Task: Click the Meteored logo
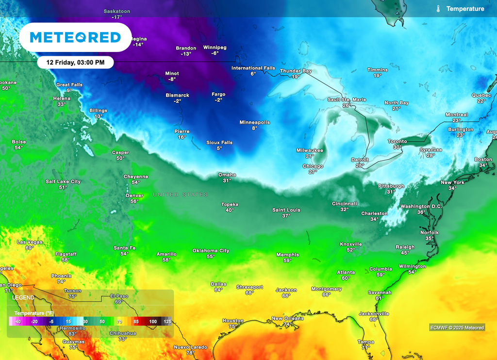tap(75, 37)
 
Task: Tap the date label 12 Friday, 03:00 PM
tap(75, 63)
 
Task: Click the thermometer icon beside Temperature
tap(438, 9)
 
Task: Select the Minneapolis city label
tap(254, 122)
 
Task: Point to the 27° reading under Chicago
tap(313, 172)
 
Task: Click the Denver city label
tap(134, 195)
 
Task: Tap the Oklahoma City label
tap(211, 250)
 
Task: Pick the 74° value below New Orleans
tap(288, 325)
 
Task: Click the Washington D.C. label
tap(421, 206)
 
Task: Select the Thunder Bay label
tap(296, 71)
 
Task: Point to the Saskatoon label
tap(116, 11)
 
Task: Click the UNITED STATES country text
tap(181, 195)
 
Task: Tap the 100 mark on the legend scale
tap(153, 322)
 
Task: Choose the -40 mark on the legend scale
tap(17, 322)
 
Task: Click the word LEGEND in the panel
tap(23, 297)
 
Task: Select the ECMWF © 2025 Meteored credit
tap(457, 327)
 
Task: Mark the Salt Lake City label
tap(63, 181)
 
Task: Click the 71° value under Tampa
tap(365, 347)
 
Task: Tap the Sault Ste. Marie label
tap(347, 99)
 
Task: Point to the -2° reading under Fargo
tap(218, 100)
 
